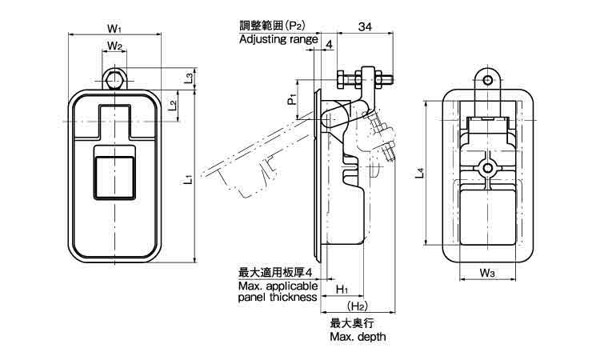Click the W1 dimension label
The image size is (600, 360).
pos(115,28)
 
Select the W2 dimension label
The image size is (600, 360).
pos(115,46)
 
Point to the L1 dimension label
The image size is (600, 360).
pos(186,180)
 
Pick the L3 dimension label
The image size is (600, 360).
pos(186,78)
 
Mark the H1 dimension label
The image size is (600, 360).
pos(342,288)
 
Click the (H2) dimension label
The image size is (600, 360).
pos(357,306)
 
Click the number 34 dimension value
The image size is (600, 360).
pos(365,27)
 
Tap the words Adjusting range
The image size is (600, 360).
pos(278,39)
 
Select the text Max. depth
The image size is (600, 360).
pos(358,337)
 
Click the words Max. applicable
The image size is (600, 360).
pos(278,286)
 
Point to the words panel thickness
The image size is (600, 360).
pos(277,298)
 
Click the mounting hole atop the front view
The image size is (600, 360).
pos(115,80)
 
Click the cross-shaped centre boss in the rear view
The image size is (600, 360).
pos(487,167)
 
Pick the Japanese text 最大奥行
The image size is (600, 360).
pos(353,323)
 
